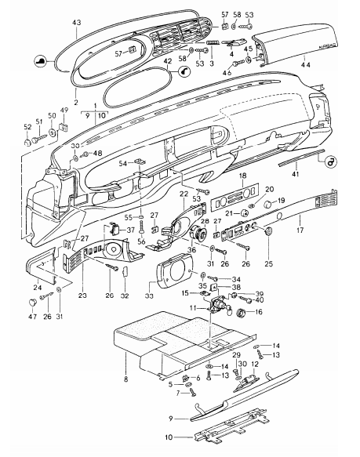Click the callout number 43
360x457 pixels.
pyautogui.click(x=77, y=23)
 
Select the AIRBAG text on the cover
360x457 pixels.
pyautogui.click(x=328, y=46)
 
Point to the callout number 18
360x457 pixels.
pyautogui.click(x=242, y=176)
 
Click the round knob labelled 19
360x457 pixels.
pyautogui.click(x=267, y=205)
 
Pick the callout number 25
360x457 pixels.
pyautogui.click(x=269, y=263)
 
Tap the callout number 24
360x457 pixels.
pyautogui.click(x=38, y=288)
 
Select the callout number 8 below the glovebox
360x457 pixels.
pyautogui.click(x=125, y=379)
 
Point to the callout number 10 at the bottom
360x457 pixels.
pyautogui.click(x=169, y=437)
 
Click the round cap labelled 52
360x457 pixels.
pyautogui.click(x=27, y=143)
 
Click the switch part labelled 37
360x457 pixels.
pyautogui.click(x=115, y=230)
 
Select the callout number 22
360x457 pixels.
pyautogui.click(x=184, y=194)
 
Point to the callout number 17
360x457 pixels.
pyautogui.click(x=300, y=230)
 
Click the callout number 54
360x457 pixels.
pyautogui.click(x=123, y=164)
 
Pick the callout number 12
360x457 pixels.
pyautogui.click(x=255, y=364)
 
